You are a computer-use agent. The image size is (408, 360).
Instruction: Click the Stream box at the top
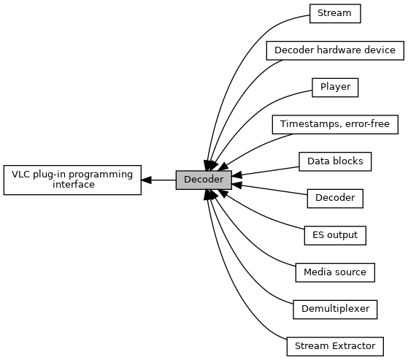[335, 14]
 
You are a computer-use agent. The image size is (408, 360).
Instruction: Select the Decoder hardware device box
[335, 50]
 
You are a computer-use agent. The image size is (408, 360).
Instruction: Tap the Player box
[335, 88]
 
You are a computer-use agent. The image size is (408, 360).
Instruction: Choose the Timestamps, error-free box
[335, 124]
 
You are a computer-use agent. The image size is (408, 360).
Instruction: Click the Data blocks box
[335, 161]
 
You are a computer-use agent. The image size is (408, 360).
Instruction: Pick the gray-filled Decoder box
[204, 180]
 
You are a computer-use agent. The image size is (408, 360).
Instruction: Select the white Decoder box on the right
[335, 199]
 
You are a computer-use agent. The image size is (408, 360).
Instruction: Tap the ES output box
[335, 235]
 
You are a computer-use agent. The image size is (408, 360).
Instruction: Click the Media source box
[335, 272]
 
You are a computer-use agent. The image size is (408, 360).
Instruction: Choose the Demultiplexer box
[335, 309]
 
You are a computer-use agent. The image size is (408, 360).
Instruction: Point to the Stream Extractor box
[335, 346]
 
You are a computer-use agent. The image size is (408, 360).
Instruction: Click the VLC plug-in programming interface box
[72, 180]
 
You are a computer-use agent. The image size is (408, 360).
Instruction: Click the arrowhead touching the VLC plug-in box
[146, 180]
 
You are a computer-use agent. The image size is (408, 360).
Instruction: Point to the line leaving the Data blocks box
[266, 172]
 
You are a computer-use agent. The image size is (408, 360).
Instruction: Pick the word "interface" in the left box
[74, 185]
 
